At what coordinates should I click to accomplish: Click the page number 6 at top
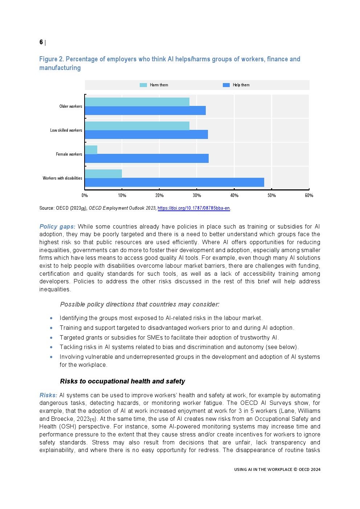click(x=41, y=42)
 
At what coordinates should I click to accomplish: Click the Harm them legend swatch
click(x=143, y=85)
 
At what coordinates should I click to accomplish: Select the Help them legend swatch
click(x=226, y=85)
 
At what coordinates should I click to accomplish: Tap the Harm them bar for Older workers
click(x=137, y=102)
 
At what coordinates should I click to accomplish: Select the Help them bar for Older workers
click(x=145, y=111)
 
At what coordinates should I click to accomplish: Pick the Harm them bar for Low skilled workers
click(x=137, y=126)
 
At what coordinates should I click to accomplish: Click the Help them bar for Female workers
click(x=147, y=159)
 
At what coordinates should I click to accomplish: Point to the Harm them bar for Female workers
click(x=91, y=150)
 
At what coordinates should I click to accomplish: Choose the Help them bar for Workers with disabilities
click(x=175, y=182)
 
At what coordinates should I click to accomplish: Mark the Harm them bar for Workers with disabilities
click(x=103, y=174)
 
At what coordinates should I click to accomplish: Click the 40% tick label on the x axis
click(x=234, y=196)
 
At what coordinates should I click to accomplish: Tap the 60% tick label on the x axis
click(x=309, y=196)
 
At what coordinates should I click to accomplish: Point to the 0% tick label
click(x=85, y=196)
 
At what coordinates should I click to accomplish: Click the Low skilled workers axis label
click(x=66, y=130)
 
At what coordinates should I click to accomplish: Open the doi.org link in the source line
click(x=194, y=208)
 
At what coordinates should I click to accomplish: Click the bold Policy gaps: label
click(x=57, y=226)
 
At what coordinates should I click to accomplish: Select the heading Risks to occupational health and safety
click(x=122, y=381)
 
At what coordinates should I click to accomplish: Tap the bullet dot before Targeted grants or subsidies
click(x=51, y=337)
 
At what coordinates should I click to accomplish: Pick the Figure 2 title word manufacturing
click(x=60, y=68)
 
